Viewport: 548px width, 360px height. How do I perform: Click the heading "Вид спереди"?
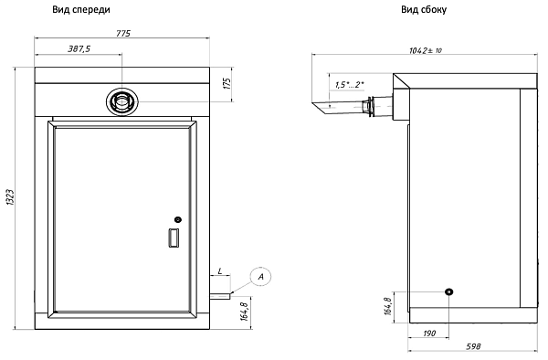tap(81, 9)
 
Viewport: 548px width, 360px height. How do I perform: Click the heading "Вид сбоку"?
tap(424, 9)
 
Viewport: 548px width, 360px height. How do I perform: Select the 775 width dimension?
tap(123, 33)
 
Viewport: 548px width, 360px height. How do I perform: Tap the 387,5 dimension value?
tap(79, 48)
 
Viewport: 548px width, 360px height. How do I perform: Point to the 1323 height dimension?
tap(10, 197)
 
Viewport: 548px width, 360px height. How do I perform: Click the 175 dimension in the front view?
tap(227, 83)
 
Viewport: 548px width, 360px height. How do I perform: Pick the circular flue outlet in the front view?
tap(122, 101)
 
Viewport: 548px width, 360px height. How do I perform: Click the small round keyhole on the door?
tap(178, 219)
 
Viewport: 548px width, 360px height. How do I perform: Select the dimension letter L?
tap(220, 270)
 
